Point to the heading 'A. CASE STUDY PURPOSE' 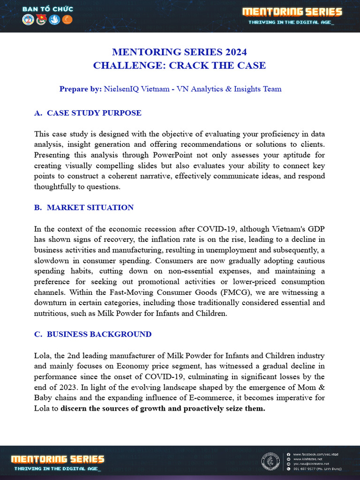pyautogui.click(x=88, y=113)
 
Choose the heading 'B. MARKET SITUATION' pyautogui.click(x=84, y=208)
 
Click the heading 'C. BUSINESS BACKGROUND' pyautogui.click(x=93, y=335)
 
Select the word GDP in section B pyautogui.click(x=315, y=229)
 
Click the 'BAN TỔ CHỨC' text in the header pyautogui.click(x=48, y=9)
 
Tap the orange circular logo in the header pyautogui.click(x=67, y=21)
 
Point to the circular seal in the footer pyautogui.click(x=270, y=461)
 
